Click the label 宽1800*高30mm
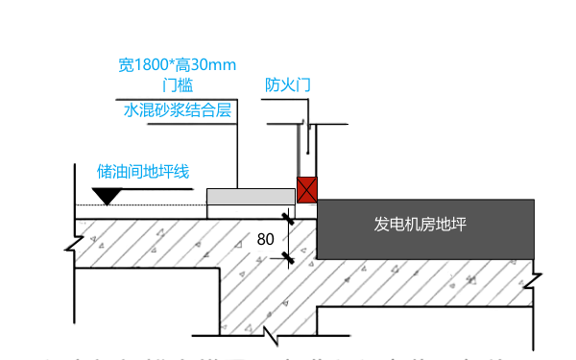pos(178,65)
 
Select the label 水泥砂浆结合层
pos(178,110)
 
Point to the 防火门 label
pos(287,85)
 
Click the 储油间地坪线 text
pos(143,172)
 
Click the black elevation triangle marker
pos(106,195)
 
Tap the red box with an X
pos(306,188)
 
